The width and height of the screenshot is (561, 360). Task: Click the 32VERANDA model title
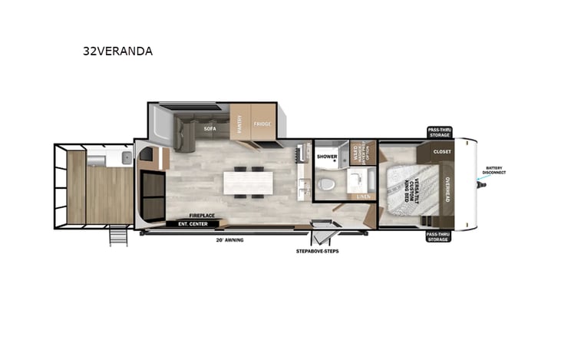(x=118, y=51)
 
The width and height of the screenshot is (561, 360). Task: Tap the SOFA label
(x=210, y=129)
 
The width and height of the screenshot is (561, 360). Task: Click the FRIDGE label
(x=262, y=124)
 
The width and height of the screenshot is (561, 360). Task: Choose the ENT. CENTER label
(x=192, y=224)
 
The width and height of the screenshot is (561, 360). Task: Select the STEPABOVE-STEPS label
(x=318, y=251)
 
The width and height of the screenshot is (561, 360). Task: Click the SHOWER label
(x=328, y=157)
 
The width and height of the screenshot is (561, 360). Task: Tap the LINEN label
(x=363, y=197)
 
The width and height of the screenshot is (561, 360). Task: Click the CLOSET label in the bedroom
(x=442, y=151)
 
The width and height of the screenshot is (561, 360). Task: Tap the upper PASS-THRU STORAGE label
(x=440, y=133)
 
